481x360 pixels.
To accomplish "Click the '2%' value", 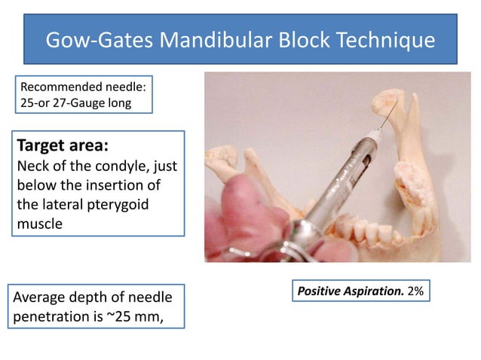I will pyautogui.click(x=415, y=290).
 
